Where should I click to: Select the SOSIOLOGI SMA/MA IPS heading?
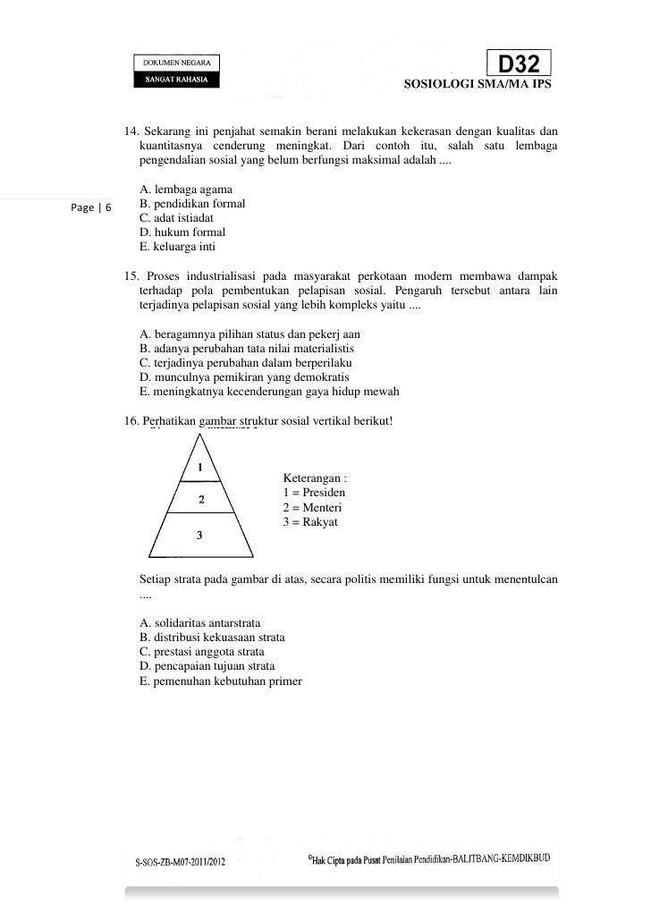point(478,87)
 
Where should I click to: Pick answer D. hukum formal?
point(182,232)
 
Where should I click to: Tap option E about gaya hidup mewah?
point(269,392)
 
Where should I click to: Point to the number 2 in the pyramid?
point(201,500)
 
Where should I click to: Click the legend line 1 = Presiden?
point(314,494)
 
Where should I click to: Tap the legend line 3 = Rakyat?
point(309,522)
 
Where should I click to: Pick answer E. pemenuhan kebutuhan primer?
point(221,680)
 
